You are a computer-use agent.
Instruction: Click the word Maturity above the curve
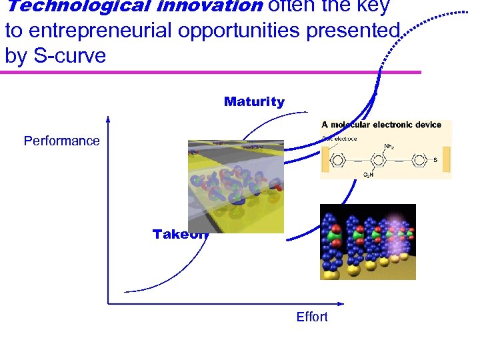[254, 102]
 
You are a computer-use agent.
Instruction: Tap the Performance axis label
[61, 141]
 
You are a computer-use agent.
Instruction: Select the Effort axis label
[312, 317]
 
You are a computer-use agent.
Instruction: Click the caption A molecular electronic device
[381, 125]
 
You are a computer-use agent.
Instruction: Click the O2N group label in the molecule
[368, 175]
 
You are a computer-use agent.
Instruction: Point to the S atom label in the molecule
[435, 161]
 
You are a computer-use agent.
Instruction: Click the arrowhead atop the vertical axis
[107, 120]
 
